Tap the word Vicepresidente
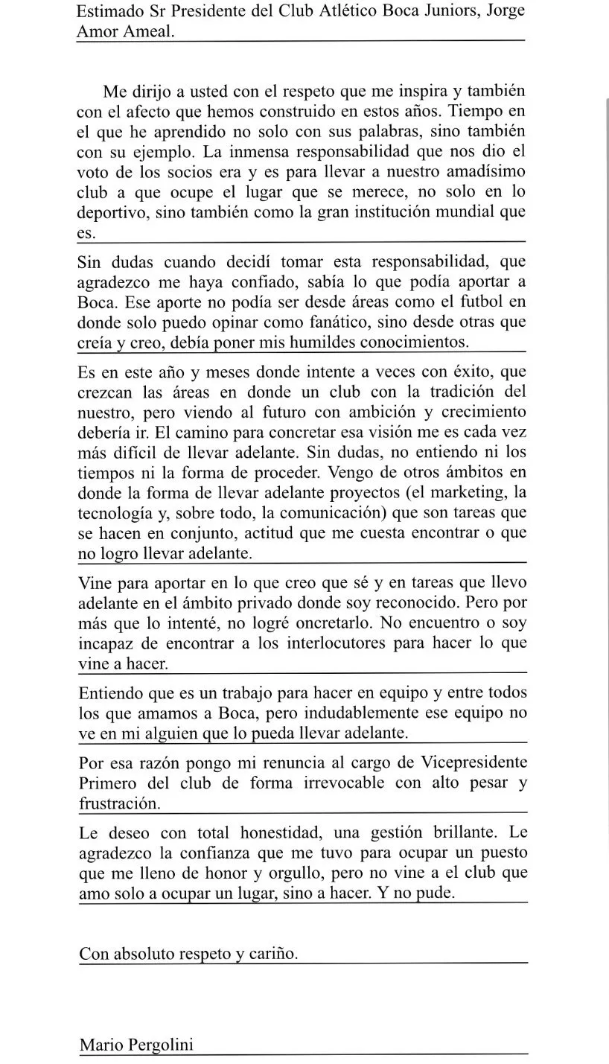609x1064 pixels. point(474,762)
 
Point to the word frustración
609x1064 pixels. point(119,803)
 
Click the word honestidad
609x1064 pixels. point(276,832)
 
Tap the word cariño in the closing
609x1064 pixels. point(272,954)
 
